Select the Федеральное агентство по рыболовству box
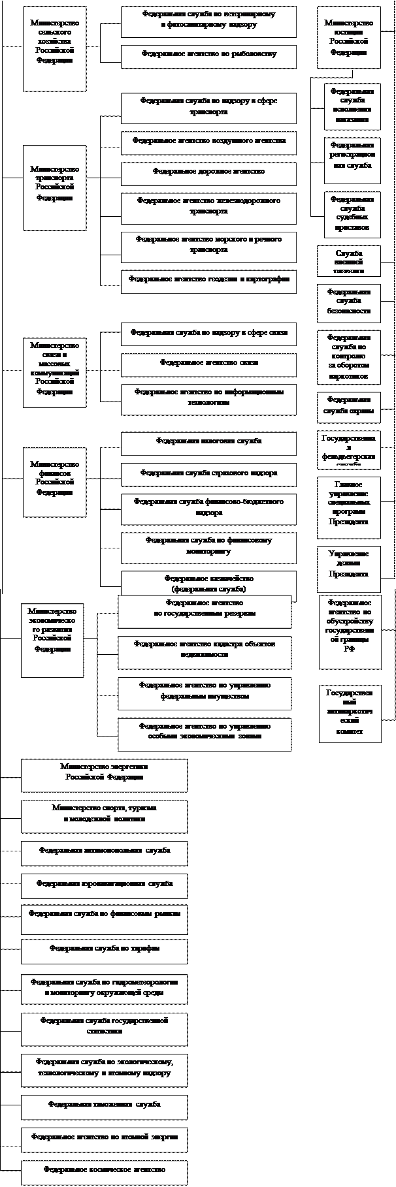(208, 56)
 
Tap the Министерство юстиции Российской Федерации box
(348, 38)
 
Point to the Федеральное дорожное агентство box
(208, 172)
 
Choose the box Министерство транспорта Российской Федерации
(55, 187)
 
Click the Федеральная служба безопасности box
(348, 303)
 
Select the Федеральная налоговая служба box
(208, 443)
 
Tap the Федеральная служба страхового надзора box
(208, 474)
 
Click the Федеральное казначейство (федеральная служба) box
(208, 583)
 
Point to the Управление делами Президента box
(348, 563)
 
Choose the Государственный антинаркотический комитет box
(350, 714)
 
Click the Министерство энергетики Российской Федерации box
(105, 774)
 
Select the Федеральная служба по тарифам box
(105, 951)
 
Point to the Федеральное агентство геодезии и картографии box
(208, 281)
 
